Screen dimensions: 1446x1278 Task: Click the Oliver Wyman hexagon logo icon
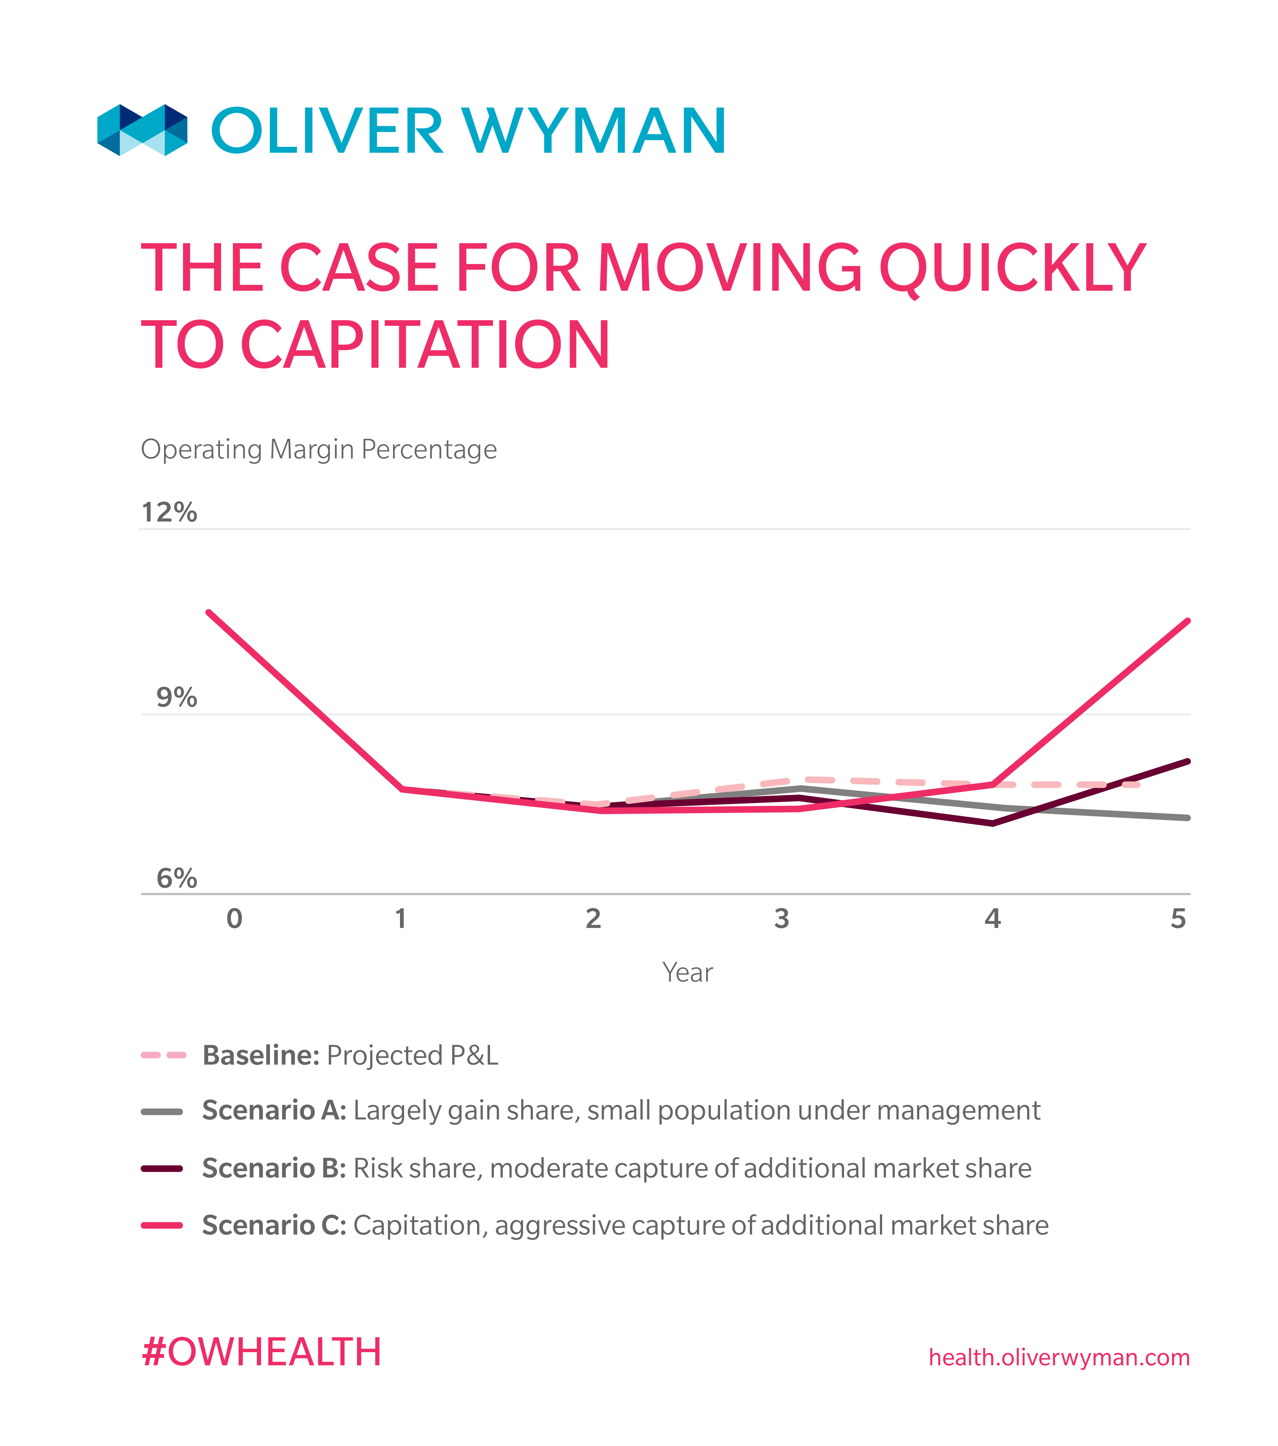[142, 130]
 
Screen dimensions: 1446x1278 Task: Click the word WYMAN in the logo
[594, 132]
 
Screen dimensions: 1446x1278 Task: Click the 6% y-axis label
[176, 879]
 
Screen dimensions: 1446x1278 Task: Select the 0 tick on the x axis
[234, 919]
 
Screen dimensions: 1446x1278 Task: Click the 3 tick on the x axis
[781, 919]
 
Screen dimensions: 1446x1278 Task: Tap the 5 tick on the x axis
[1177, 919]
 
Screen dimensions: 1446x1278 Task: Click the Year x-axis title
[687, 973]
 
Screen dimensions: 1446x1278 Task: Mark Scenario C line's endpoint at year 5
[1187, 621]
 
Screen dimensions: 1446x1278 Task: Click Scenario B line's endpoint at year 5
[1187, 762]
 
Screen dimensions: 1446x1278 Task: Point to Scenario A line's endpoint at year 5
[1187, 818]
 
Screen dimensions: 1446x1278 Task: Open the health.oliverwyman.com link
[1058, 1358]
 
